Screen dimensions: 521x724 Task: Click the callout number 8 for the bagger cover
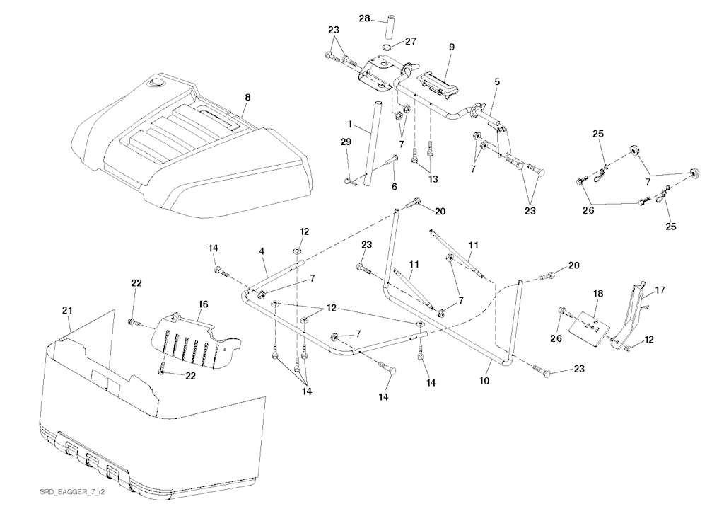[x=247, y=96]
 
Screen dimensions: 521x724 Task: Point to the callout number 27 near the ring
[x=411, y=42]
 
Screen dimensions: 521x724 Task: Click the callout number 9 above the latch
[x=451, y=47]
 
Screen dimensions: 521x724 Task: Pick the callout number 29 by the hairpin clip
[x=346, y=142]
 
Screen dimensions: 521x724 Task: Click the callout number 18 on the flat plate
[x=598, y=292]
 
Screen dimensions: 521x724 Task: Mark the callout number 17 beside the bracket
[x=660, y=289]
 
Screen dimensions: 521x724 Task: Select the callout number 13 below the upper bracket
[x=433, y=179]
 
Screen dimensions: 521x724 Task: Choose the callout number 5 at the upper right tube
[x=497, y=82]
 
